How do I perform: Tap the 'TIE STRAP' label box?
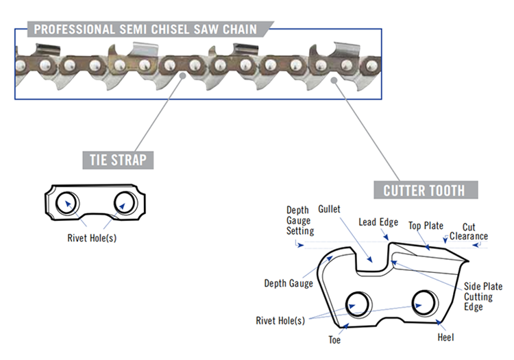(x=118, y=160)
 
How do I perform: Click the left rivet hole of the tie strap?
(x=67, y=202)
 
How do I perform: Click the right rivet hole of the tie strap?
(x=126, y=202)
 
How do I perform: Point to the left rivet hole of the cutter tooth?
(x=358, y=302)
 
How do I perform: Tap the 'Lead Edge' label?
(x=378, y=222)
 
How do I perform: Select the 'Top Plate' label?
(x=426, y=226)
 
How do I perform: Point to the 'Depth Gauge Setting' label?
(x=299, y=220)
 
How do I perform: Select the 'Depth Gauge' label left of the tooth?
(x=289, y=283)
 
